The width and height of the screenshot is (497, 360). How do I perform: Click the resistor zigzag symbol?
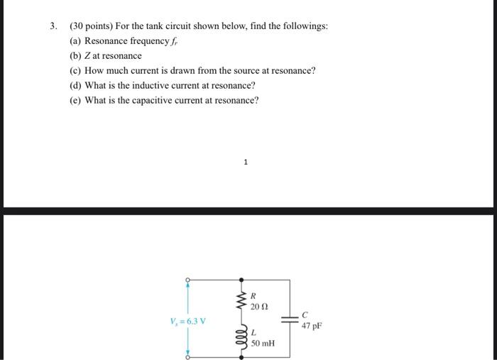tap(243, 300)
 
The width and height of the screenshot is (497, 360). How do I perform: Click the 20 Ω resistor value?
tap(260, 306)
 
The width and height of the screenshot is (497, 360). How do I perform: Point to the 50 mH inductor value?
tap(263, 343)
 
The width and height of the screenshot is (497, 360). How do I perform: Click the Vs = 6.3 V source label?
tap(189, 320)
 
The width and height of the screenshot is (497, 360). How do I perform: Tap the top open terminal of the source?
tap(188, 280)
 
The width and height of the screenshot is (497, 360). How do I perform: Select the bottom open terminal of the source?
tap(188, 357)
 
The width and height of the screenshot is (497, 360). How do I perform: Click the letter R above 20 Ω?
tap(253, 295)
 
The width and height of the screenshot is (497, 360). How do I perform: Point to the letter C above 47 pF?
tap(305, 315)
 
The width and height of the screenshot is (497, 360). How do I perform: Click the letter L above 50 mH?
tap(253, 332)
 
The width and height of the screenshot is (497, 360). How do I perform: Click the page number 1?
tap(246, 163)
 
